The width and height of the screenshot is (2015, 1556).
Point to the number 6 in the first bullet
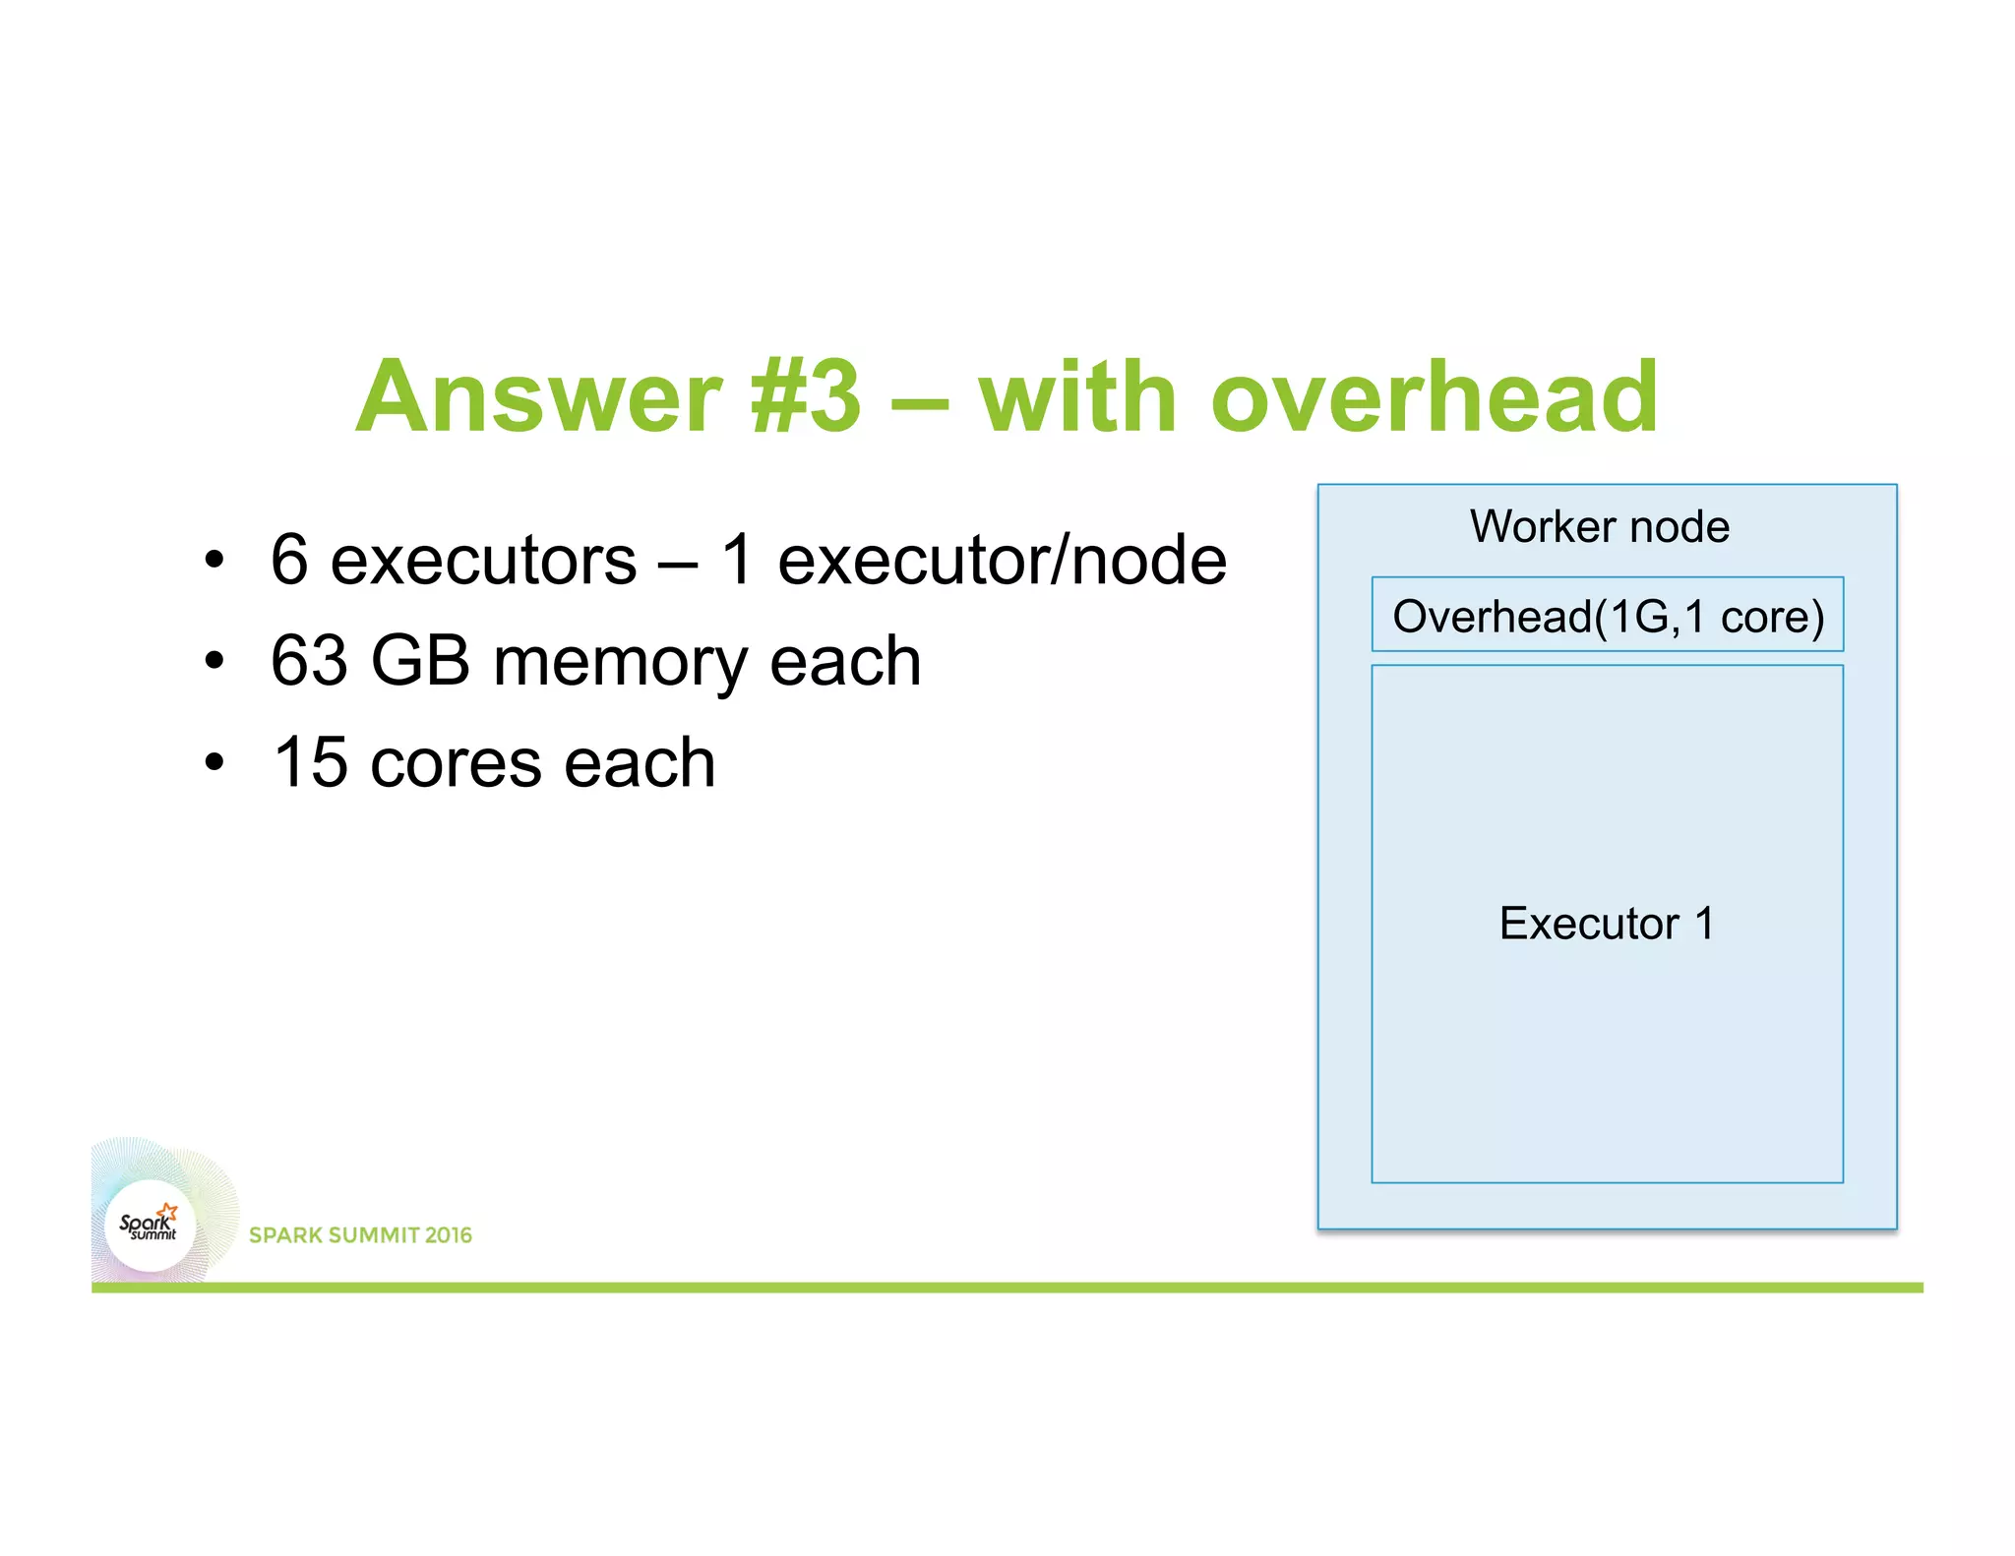(289, 560)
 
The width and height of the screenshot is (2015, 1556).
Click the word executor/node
(1002, 560)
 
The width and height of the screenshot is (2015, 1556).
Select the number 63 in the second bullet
(309, 661)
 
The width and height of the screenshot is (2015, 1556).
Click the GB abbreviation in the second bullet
(420, 661)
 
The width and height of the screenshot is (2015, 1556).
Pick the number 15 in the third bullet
(310, 762)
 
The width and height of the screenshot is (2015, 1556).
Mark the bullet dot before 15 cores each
(214, 763)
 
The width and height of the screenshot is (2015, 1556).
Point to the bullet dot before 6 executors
(214, 562)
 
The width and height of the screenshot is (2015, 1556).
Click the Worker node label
(1599, 526)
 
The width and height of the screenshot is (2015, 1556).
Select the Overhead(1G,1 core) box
(1608, 616)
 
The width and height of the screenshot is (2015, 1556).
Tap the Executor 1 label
(1607, 924)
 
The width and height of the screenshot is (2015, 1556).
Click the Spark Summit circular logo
(151, 1226)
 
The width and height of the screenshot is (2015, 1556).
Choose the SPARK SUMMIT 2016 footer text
(360, 1235)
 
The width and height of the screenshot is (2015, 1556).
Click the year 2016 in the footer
(449, 1235)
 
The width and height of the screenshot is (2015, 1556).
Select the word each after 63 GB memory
(845, 661)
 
